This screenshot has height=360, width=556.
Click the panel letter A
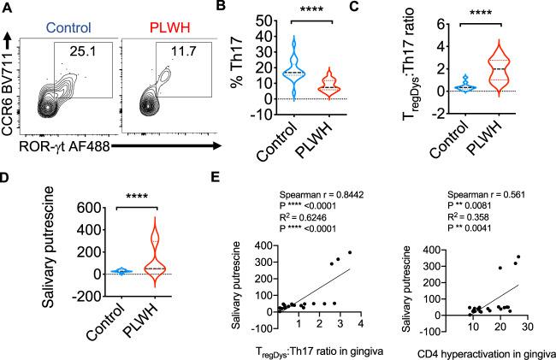tap(9, 9)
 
